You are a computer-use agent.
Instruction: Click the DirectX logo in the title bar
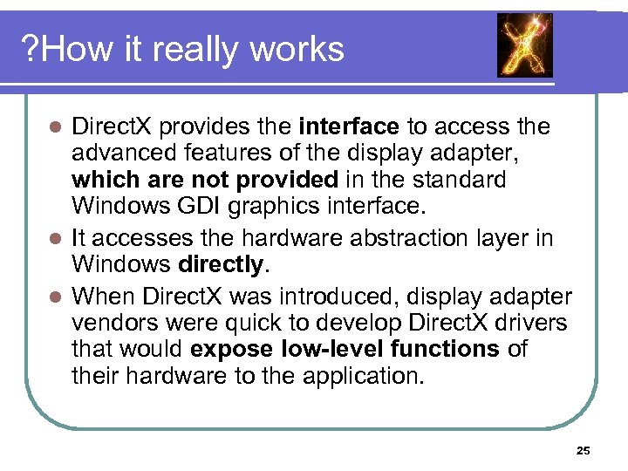pyautogui.click(x=525, y=44)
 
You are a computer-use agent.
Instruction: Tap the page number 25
pyautogui.click(x=584, y=451)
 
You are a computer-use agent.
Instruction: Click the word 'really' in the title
pyautogui.click(x=198, y=50)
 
